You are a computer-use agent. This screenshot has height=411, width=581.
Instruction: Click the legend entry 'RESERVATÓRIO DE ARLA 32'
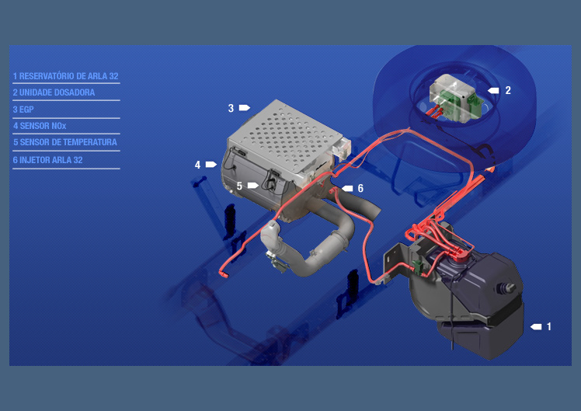pyautogui.click(x=68, y=76)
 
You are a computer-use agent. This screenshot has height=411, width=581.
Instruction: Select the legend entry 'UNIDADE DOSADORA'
pyautogui.click(x=57, y=92)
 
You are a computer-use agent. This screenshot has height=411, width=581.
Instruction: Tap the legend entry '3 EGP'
pyautogui.click(x=23, y=110)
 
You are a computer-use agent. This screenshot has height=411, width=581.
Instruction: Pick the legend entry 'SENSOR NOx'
pyautogui.click(x=43, y=126)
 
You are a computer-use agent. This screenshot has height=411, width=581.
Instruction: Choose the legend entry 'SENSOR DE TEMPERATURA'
pyautogui.click(x=68, y=142)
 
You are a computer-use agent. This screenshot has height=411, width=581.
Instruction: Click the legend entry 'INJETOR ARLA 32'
pyautogui.click(x=51, y=160)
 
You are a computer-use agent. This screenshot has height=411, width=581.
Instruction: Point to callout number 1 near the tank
pyautogui.click(x=548, y=326)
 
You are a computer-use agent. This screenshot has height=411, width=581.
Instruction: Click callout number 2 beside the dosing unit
pyautogui.click(x=508, y=90)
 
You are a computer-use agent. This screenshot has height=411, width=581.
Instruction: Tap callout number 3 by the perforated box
pyautogui.click(x=231, y=108)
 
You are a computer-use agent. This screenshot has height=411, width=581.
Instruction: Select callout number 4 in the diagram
pyautogui.click(x=197, y=165)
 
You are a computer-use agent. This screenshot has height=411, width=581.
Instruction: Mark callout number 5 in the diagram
pyautogui.click(x=239, y=186)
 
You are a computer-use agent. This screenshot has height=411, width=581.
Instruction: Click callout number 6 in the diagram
pyautogui.click(x=360, y=189)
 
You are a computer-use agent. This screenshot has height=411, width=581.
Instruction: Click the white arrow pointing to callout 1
pyautogui.click(x=536, y=326)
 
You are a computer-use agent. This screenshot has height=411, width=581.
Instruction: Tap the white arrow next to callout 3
pyautogui.click(x=245, y=108)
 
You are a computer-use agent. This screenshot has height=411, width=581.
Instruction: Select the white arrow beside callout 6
pyautogui.click(x=347, y=189)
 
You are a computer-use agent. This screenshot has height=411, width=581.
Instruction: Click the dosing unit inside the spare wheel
pyautogui.click(x=455, y=98)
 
